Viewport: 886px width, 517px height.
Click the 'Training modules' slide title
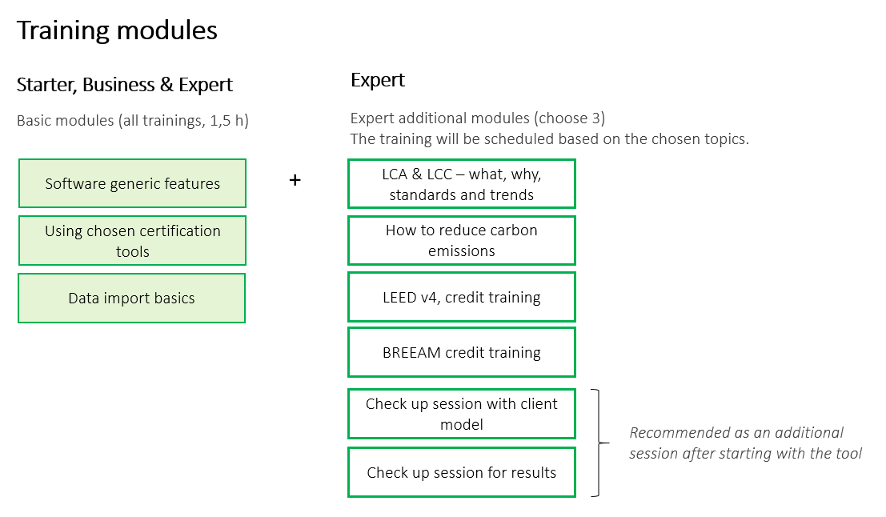pyautogui.click(x=117, y=30)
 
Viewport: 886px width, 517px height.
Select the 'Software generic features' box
pyautogui.click(x=132, y=183)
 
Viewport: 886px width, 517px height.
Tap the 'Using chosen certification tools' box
pyautogui.click(x=132, y=241)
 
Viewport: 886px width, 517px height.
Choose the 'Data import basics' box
pyautogui.click(x=131, y=299)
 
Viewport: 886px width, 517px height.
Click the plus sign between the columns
pyautogui.click(x=295, y=180)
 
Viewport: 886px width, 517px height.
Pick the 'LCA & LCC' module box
pyautogui.click(x=462, y=183)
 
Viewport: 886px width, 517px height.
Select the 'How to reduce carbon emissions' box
pyautogui.click(x=462, y=240)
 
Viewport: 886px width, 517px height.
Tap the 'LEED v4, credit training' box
pyautogui.click(x=462, y=297)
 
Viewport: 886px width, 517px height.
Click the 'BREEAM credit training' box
pyautogui.click(x=462, y=352)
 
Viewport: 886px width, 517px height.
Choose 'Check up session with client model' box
pyautogui.click(x=462, y=414)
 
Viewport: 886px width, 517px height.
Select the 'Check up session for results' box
pyautogui.click(x=462, y=472)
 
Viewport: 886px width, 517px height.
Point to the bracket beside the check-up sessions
pyautogui.click(x=599, y=443)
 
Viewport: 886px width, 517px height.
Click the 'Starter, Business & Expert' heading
pyautogui.click(x=124, y=85)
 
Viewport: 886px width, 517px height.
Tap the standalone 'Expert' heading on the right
pyautogui.click(x=378, y=80)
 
